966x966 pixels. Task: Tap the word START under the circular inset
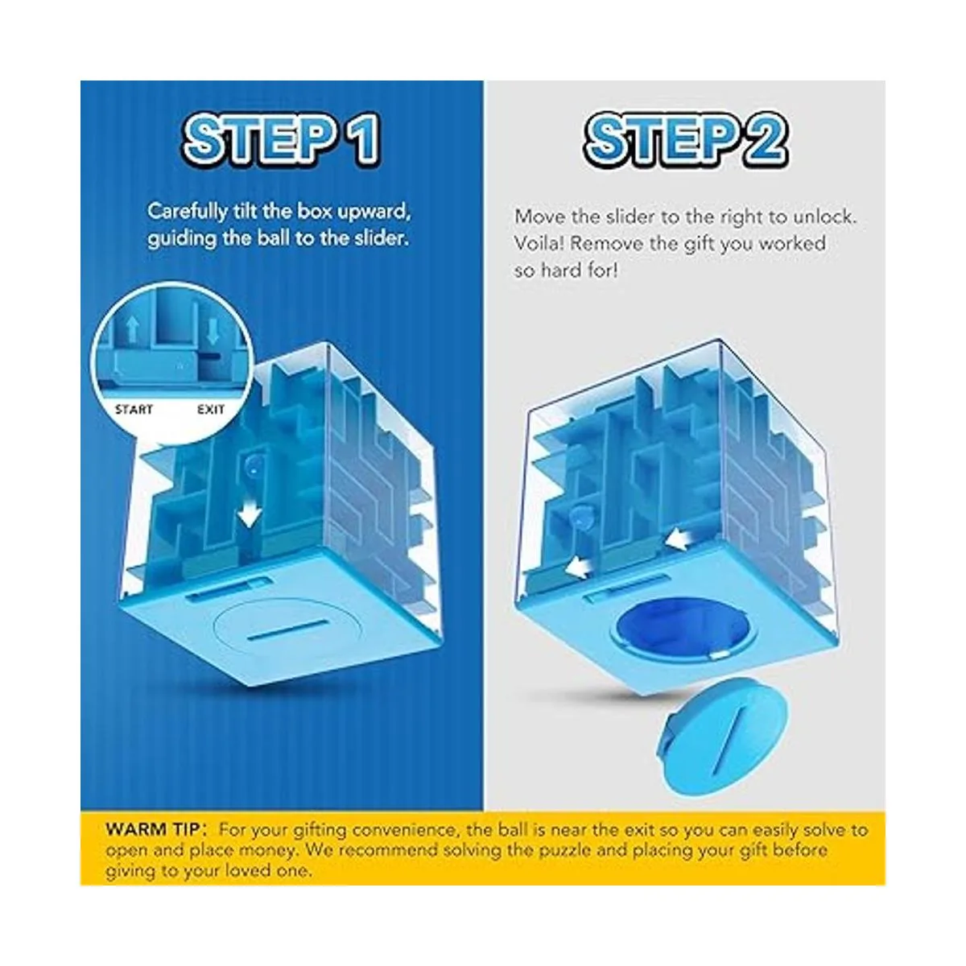click(134, 410)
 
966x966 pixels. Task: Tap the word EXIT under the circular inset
click(211, 410)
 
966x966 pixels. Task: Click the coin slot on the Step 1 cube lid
click(287, 630)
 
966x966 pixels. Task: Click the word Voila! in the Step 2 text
click(539, 244)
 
